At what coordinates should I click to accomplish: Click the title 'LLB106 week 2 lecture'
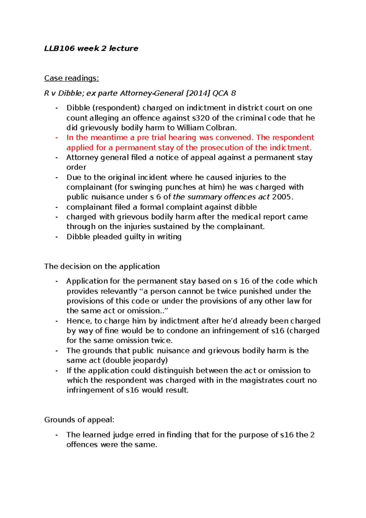91,49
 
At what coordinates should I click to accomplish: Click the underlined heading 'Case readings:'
71,78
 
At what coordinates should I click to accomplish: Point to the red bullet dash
57,138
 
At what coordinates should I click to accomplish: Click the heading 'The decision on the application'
102,266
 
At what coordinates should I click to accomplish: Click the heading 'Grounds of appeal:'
79,420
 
